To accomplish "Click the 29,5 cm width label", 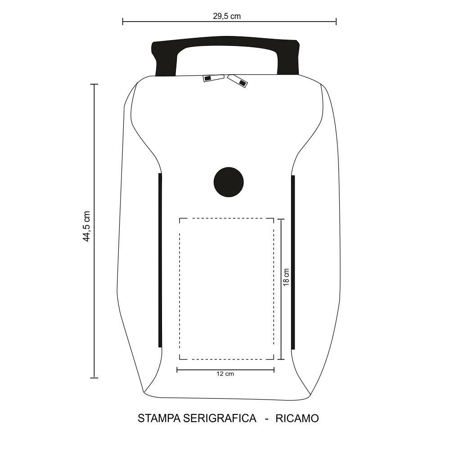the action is tap(227, 16).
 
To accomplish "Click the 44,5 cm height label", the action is tap(86, 226).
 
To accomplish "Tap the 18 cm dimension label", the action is tap(286, 277).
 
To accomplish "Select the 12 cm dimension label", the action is tap(225, 373).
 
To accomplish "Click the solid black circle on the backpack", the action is tap(229, 182).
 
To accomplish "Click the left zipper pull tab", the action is tap(213, 78).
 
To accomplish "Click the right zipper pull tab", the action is tap(238, 81).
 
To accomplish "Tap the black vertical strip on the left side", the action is tap(160, 260).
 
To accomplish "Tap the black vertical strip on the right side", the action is tap(293, 262).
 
